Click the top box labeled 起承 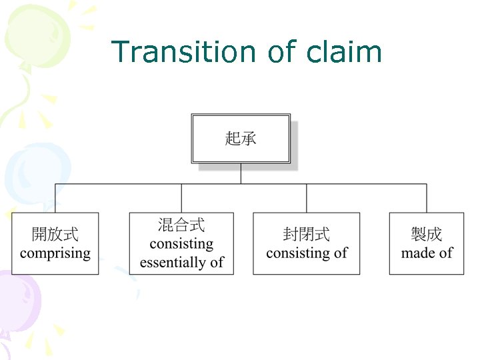pos(241,138)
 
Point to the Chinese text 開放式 pos(55,235)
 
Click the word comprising pos(55,253)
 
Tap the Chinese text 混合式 pos(181,225)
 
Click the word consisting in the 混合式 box pos(181,244)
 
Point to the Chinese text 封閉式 pos(307,235)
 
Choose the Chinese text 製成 pos(427,235)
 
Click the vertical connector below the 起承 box pos(241,173)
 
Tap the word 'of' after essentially pos(217,263)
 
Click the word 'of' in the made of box pos(445,253)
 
